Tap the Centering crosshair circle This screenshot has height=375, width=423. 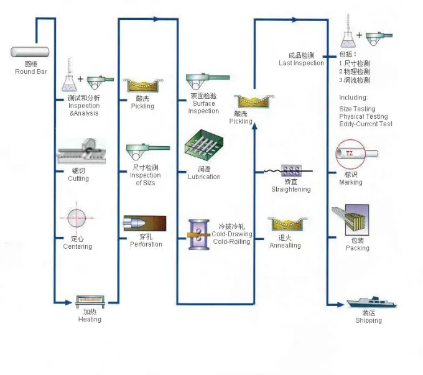[78, 218]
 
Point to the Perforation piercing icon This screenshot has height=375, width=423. [145, 224]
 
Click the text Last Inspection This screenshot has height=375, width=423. [301, 63]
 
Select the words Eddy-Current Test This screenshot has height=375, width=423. [366, 124]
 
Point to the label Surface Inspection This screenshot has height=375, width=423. [204, 108]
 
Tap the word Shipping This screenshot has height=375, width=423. [368, 321]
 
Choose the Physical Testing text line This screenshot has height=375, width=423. [363, 116]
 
